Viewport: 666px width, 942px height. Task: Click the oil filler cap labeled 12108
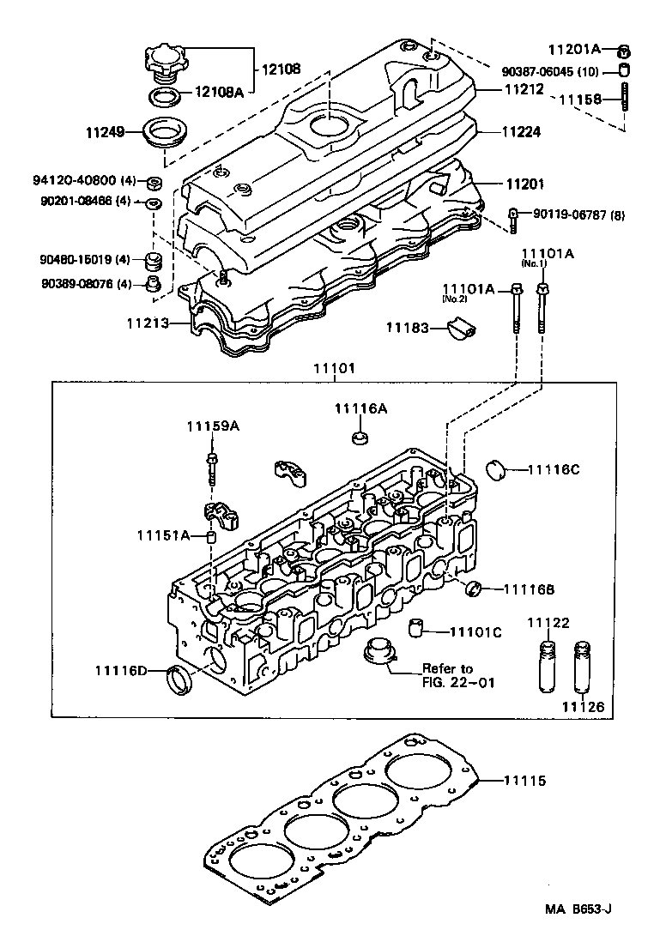166,62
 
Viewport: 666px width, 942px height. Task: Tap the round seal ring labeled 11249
167,132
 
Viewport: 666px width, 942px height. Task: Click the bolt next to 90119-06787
513,220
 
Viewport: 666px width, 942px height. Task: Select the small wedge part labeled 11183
464,327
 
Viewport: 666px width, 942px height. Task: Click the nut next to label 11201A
625,48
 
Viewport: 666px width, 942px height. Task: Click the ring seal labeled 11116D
179,680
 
